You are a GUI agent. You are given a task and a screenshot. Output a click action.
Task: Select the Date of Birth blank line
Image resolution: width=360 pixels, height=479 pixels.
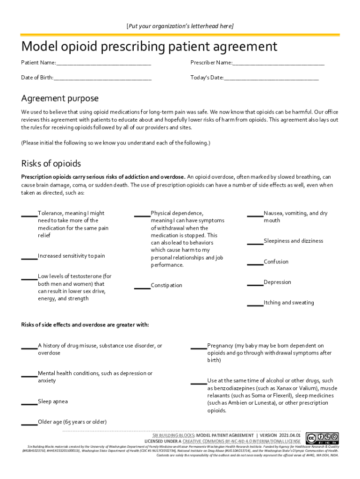click(x=102, y=79)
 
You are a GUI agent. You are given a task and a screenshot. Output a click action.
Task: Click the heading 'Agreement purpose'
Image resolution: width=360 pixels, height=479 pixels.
click(x=60, y=99)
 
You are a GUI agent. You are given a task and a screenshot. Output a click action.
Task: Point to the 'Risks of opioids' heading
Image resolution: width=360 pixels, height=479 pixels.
click(x=51, y=164)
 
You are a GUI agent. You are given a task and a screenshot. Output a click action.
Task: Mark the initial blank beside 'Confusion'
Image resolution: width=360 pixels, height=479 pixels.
click(x=255, y=263)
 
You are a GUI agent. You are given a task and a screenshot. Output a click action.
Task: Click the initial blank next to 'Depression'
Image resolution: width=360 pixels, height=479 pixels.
click(x=255, y=284)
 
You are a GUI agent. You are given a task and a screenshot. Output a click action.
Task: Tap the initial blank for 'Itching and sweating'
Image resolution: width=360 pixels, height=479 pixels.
click(x=255, y=305)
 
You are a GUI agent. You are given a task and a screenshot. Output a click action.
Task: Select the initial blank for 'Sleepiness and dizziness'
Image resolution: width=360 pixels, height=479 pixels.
click(x=255, y=243)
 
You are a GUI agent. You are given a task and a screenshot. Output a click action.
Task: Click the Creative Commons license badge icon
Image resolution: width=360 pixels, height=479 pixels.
click(x=322, y=438)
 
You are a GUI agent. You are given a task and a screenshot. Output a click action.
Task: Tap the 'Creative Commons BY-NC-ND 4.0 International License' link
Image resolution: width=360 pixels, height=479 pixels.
click(x=241, y=441)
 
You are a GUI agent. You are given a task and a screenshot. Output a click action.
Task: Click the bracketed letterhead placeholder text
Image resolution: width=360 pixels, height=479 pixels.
click(x=180, y=26)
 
